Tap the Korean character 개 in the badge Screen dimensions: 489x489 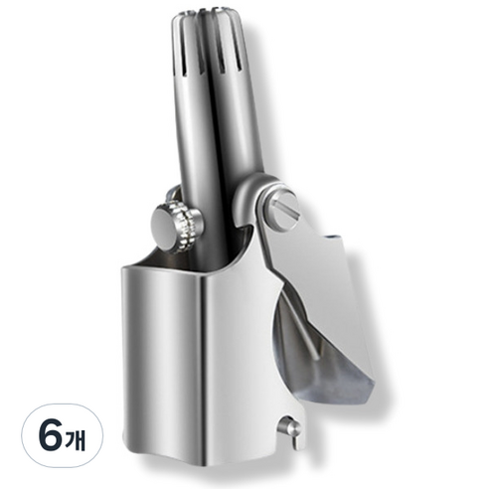(76, 436)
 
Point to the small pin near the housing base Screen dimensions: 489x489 (291, 431)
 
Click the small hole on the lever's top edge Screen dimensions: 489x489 (332, 238)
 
